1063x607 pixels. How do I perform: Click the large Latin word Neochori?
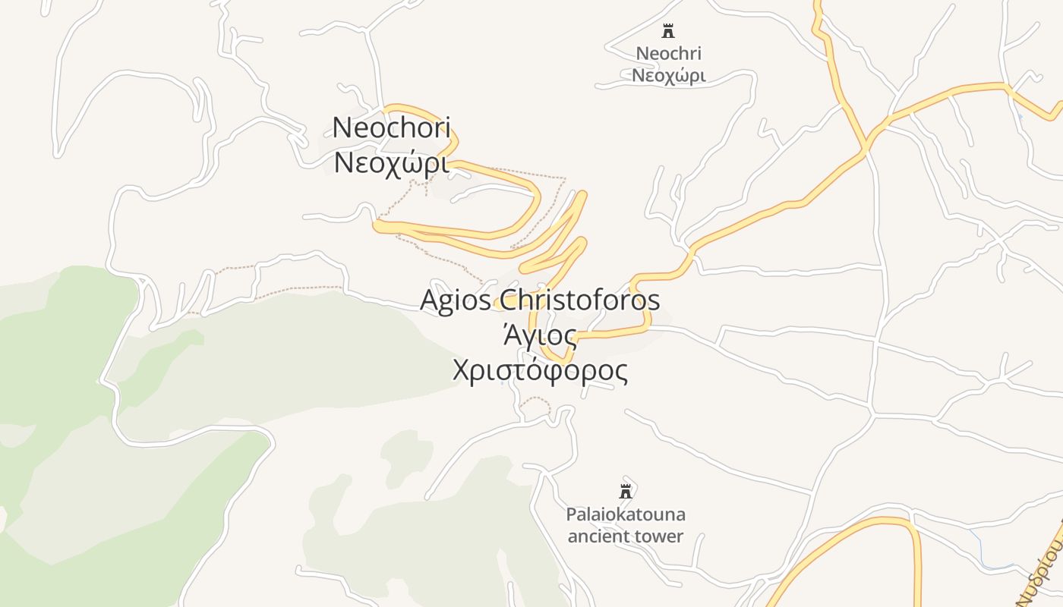pos(391,127)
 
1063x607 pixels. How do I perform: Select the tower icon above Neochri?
pos(668,31)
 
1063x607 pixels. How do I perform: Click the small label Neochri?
pos(668,54)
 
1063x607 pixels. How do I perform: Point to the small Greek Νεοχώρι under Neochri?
pos(668,75)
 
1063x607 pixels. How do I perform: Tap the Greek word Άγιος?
pos(540,335)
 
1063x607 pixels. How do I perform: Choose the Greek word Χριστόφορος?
pos(540,370)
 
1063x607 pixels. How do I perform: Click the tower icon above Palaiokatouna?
pos(626,492)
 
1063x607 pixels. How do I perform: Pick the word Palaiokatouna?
pos(626,514)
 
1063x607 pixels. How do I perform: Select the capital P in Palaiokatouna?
pos(571,514)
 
